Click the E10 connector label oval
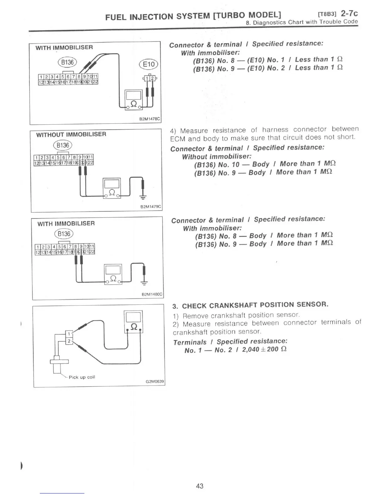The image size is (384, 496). click(x=149, y=64)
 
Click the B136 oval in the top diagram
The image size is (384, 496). click(x=67, y=62)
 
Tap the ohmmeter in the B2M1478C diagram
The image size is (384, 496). click(x=134, y=99)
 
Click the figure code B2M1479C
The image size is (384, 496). click(x=151, y=207)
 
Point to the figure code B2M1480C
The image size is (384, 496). click(x=152, y=294)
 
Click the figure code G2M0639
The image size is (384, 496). click(x=155, y=382)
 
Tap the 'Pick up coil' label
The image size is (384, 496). click(x=82, y=377)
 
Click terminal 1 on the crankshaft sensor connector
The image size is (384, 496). click(x=69, y=333)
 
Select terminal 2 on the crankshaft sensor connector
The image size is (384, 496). click(x=69, y=341)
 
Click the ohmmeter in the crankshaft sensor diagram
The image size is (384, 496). click(x=133, y=322)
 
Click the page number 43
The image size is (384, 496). click(x=200, y=486)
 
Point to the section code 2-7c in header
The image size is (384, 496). click(x=349, y=13)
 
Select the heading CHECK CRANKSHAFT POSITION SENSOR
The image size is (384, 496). click(x=255, y=305)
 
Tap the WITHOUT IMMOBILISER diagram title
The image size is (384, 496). click(x=71, y=134)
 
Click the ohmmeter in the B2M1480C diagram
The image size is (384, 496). click(x=113, y=274)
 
